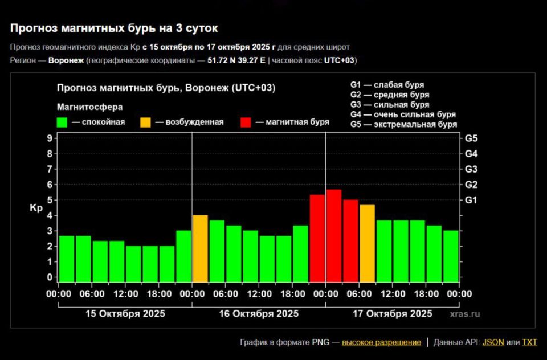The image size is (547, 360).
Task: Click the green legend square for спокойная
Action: click(x=62, y=122)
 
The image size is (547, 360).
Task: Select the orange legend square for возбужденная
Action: click(x=146, y=122)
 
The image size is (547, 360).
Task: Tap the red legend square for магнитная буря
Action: click(x=246, y=122)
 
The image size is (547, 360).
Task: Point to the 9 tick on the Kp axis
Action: click(x=50, y=138)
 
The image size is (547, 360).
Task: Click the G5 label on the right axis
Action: click(x=471, y=138)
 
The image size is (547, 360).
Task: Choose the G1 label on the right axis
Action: click(x=471, y=200)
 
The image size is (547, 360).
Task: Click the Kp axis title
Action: click(x=36, y=208)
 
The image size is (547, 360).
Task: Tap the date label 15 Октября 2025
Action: click(x=125, y=313)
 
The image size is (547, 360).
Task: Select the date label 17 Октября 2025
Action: click(x=392, y=313)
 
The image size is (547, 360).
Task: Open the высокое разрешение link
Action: click(x=381, y=342)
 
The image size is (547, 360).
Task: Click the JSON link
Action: click(x=493, y=342)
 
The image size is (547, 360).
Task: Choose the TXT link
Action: click(x=529, y=342)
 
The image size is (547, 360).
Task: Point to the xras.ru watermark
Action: click(x=464, y=314)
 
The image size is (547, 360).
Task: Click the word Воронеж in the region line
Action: click(x=66, y=60)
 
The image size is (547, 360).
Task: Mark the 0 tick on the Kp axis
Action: click(x=50, y=277)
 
